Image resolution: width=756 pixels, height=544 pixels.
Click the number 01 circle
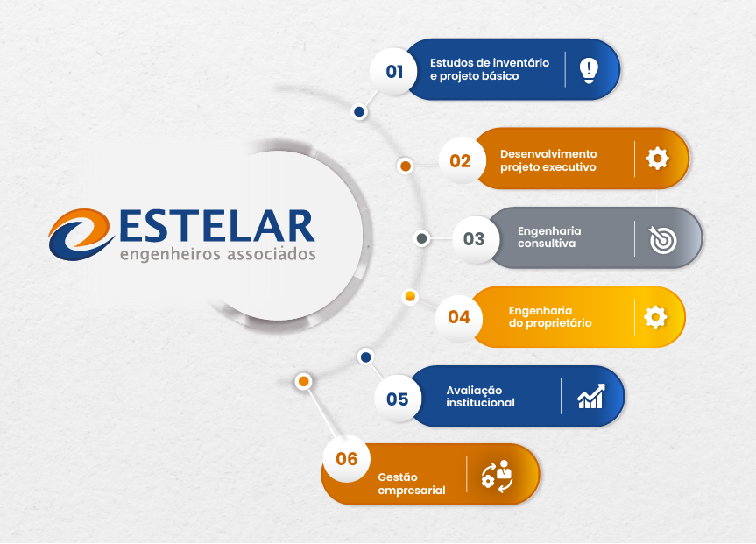(394, 71)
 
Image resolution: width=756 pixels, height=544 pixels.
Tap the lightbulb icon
(589, 70)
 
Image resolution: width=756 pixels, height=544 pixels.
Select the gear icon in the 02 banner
(658, 159)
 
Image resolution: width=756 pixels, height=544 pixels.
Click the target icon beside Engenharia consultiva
(662, 239)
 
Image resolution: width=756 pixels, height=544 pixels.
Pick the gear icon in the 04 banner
(655, 317)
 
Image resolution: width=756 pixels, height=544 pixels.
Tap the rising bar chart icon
(591, 397)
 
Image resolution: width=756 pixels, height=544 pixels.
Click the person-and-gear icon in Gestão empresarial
(497, 476)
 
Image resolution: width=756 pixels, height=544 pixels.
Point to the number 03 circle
(473, 239)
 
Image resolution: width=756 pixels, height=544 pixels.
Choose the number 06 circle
(347, 459)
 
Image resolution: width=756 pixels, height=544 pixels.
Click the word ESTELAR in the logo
(217, 226)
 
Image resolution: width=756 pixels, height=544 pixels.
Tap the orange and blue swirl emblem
(81, 235)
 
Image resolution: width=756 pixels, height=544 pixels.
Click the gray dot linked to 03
(422, 238)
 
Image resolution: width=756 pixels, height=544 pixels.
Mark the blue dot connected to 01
(359, 112)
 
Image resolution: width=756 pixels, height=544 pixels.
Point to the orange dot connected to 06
(303, 381)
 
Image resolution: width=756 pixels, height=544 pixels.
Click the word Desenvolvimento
(548, 154)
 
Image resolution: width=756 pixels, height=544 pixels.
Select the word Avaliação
(474, 391)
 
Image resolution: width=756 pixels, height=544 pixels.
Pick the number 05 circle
(398, 399)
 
